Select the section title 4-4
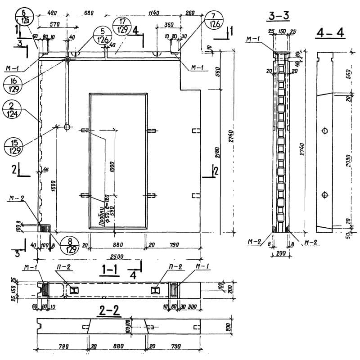coord(330,33)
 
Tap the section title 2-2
coord(110,310)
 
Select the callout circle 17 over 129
coord(122,26)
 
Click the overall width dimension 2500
coord(118,256)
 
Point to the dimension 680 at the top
coord(88,13)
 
